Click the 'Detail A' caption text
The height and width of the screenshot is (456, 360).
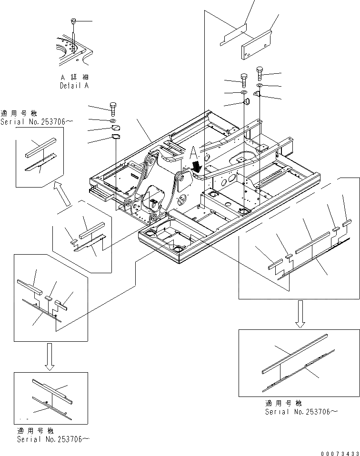(x=74, y=86)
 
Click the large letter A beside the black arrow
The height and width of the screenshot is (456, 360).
(x=192, y=153)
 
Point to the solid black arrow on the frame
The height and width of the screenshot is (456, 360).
(x=196, y=167)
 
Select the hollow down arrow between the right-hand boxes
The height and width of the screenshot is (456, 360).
(x=300, y=314)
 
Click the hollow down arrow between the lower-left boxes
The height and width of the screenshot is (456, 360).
(x=50, y=357)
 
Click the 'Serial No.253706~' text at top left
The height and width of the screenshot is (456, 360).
(x=37, y=122)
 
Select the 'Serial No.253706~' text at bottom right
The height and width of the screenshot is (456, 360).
(x=301, y=412)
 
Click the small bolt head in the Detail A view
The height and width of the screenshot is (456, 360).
(x=73, y=21)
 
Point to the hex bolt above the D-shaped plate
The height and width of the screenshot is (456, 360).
(x=113, y=109)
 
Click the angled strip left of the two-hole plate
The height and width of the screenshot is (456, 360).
(x=233, y=36)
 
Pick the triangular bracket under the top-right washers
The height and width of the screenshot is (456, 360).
(x=257, y=95)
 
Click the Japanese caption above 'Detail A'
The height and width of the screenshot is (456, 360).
(x=74, y=77)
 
